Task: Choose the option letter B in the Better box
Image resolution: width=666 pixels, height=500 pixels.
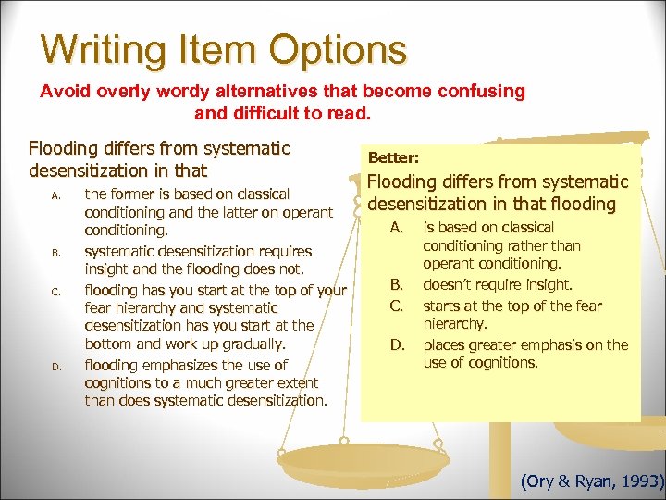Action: [x=395, y=285]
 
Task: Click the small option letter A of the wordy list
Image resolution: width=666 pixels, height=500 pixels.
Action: [x=56, y=195]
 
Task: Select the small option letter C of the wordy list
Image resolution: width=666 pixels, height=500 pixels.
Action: [x=56, y=292]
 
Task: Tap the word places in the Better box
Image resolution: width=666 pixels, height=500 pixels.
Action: [x=445, y=345]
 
